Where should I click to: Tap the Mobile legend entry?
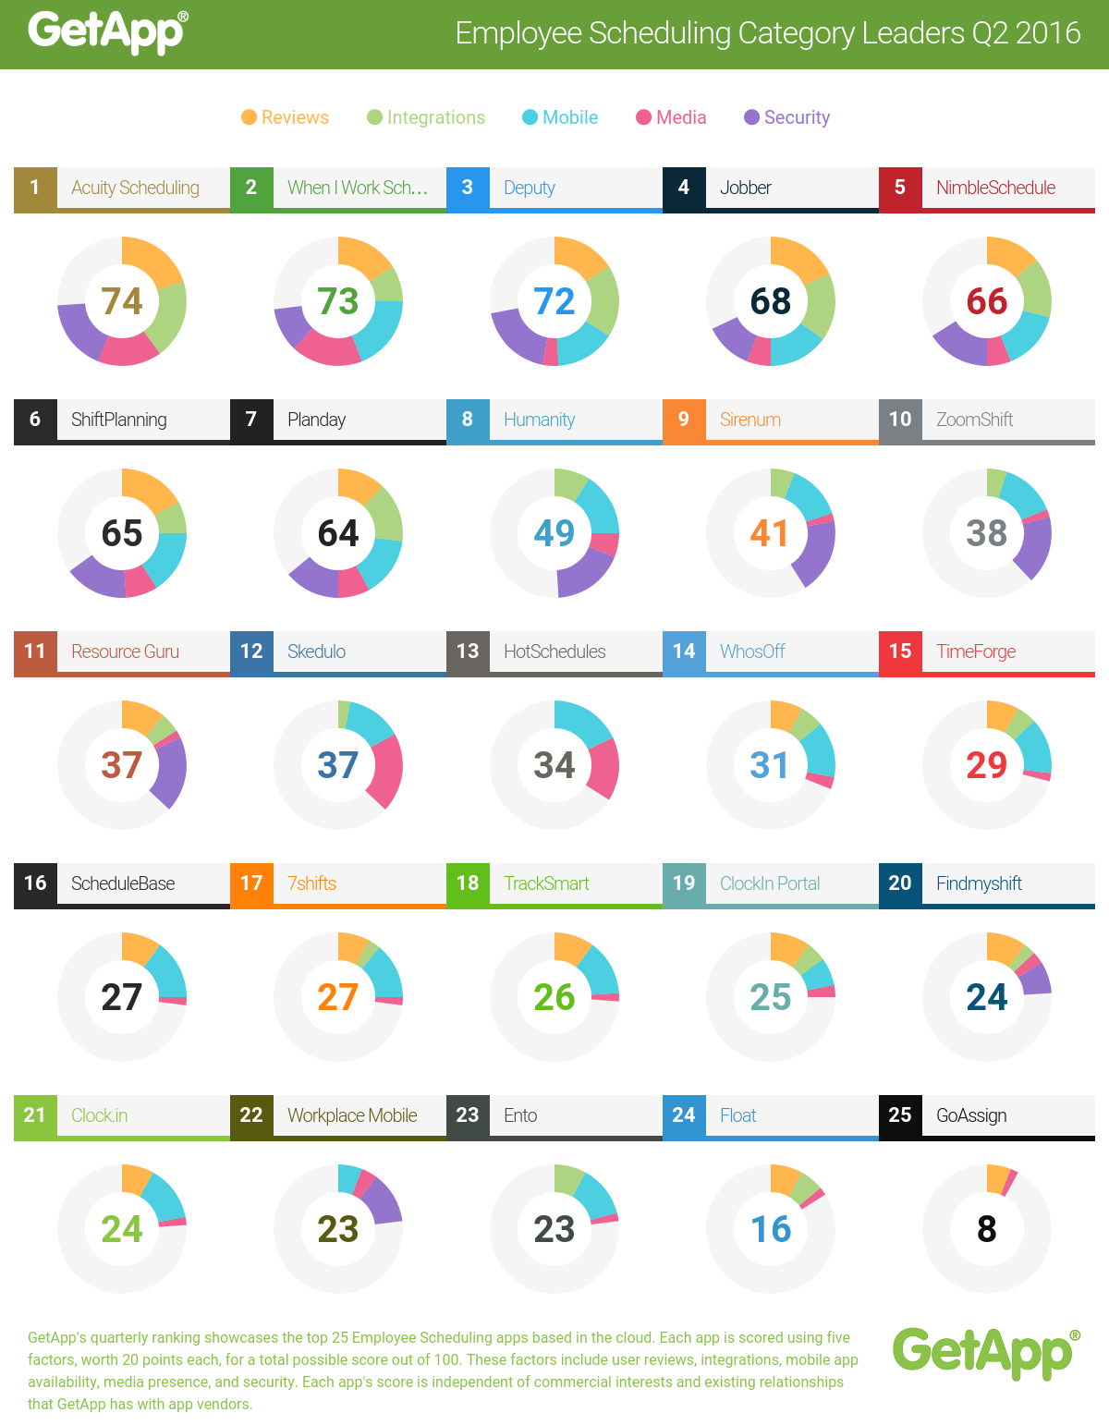click(x=560, y=117)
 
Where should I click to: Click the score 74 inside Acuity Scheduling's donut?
click(x=122, y=301)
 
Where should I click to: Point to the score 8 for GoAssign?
click(x=987, y=1229)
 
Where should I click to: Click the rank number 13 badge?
click(x=468, y=651)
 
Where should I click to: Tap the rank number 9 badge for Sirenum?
click(x=684, y=419)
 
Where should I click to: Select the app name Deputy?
click(x=530, y=188)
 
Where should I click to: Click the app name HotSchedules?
click(x=554, y=652)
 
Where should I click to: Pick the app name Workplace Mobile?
click(x=352, y=1115)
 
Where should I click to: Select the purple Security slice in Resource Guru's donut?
click(x=171, y=772)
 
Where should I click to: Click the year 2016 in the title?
click(x=1048, y=33)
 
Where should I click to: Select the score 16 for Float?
click(x=771, y=1229)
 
